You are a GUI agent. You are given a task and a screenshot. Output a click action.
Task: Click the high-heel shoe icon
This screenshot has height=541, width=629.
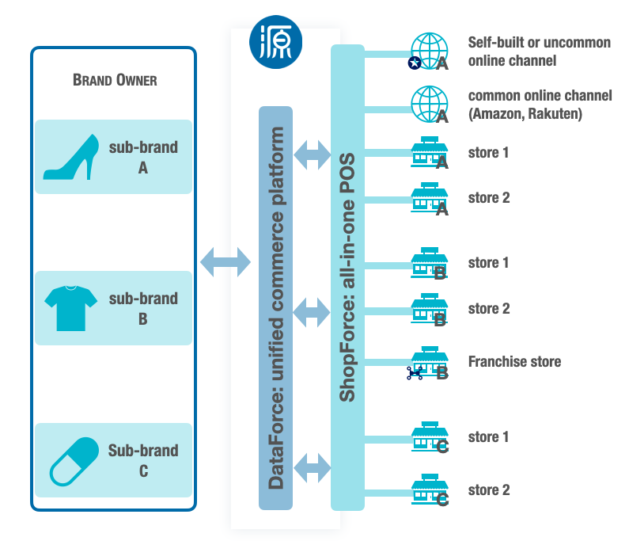tap(70, 156)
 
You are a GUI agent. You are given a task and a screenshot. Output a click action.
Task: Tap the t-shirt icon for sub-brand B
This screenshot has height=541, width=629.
tap(70, 307)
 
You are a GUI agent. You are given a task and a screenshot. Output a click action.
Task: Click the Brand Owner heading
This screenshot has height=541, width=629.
tap(114, 80)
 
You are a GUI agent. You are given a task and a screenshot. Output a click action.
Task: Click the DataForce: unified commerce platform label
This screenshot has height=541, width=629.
tap(276, 307)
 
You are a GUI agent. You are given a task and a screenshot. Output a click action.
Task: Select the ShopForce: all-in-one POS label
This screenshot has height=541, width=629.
tap(347, 277)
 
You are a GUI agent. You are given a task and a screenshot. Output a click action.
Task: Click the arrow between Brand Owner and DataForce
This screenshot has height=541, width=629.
tap(225, 261)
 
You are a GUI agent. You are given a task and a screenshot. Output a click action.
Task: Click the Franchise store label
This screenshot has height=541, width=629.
tap(514, 362)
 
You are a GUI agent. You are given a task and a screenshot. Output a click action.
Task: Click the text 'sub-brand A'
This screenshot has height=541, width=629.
tap(143, 157)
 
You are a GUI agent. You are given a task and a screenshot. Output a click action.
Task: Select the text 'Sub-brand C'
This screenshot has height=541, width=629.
tap(143, 460)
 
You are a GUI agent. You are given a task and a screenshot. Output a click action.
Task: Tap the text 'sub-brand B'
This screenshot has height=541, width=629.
tap(143, 308)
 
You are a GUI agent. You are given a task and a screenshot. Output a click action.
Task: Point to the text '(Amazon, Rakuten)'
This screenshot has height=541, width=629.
tap(525, 114)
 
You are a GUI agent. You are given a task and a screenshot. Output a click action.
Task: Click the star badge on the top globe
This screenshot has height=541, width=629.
tap(414, 62)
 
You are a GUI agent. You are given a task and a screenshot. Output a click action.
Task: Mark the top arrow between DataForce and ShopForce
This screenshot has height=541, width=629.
tap(312, 154)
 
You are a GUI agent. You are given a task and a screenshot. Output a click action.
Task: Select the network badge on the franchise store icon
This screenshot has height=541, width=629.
tap(415, 372)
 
